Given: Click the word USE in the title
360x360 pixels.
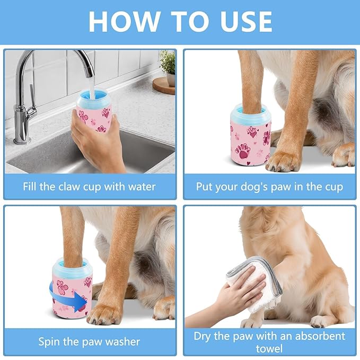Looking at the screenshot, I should [242, 21].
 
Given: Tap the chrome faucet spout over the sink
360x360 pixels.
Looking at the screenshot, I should [80, 58].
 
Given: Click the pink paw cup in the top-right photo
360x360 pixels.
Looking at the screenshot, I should [250, 134].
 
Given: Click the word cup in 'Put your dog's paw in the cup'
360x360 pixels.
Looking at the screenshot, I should [333, 187].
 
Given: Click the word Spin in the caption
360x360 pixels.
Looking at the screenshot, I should [50, 341].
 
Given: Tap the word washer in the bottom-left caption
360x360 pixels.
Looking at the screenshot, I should [122, 341].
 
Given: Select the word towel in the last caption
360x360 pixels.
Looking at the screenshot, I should [269, 348].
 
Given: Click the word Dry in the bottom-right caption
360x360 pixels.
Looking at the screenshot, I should [204, 336].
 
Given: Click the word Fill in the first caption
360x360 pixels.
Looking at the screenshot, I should [33, 187].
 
